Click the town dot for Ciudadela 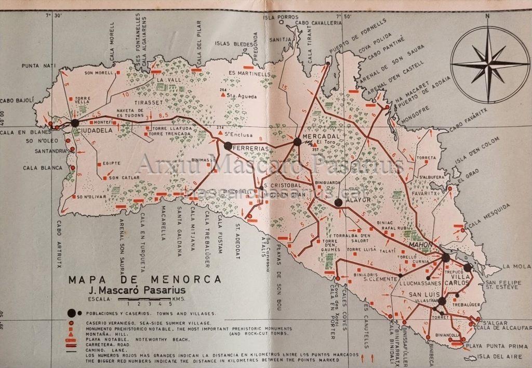75,123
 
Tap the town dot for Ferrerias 228,146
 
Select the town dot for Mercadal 297,141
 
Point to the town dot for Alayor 338,202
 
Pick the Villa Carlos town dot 468,268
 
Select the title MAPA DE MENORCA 144,280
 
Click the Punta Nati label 38,66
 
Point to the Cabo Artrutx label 57,239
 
